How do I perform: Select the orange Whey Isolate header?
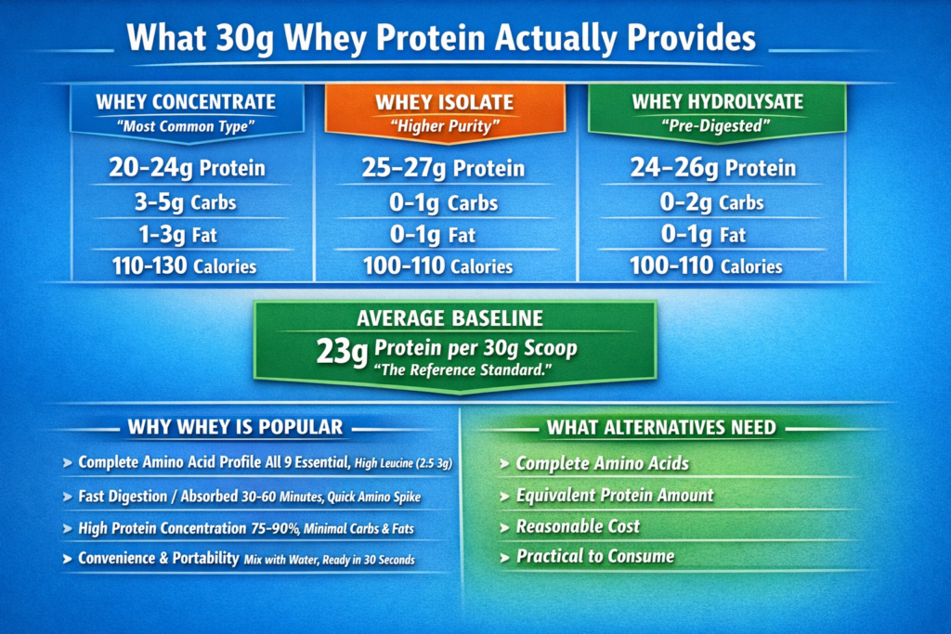pos(444,103)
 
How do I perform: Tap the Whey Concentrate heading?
pos(186,102)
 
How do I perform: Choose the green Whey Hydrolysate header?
pos(718,102)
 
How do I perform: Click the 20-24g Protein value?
pos(186,168)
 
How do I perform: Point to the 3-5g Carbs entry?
pos(186,202)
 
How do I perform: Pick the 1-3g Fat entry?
pos(186,234)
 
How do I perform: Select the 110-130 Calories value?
pos(186,266)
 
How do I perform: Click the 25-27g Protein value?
pos(444,169)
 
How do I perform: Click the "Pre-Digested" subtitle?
pos(717,125)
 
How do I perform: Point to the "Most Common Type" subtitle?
pos(186,124)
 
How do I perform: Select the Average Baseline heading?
pos(451,319)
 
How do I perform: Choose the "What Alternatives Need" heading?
pos(661,428)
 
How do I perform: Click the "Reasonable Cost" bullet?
pos(578,526)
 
